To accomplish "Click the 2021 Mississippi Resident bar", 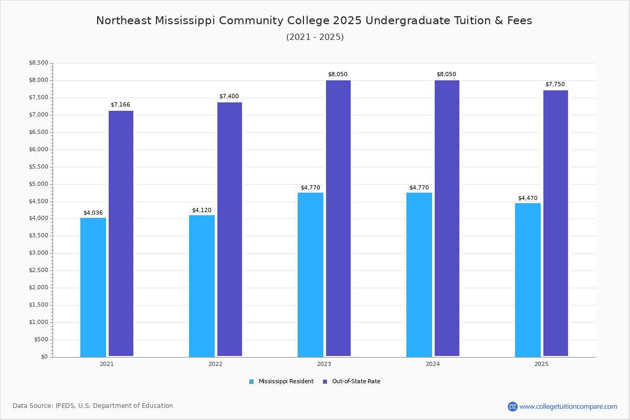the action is coord(93,287).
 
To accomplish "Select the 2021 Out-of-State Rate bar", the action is coord(121,234).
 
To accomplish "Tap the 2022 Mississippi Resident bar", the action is coord(202,286).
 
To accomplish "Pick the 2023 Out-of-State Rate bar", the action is coord(338,218).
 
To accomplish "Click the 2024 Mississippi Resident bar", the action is coord(419,275).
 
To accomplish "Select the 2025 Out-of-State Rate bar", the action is coord(556,223).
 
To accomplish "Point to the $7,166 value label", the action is coord(120,104).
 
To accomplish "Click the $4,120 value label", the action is coord(202,210).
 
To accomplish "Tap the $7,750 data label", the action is coord(555,84).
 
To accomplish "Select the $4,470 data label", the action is coord(528,198).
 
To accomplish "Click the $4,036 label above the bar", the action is coord(93,213).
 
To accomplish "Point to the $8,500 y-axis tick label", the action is coord(38,62).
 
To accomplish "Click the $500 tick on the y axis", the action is coord(41,340).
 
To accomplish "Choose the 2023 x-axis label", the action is coord(324,364).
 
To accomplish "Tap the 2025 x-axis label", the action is coord(541,364).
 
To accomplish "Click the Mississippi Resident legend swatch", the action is coord(251,382).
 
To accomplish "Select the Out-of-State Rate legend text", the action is coord(356,382).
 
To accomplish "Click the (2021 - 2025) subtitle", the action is coord(315,37).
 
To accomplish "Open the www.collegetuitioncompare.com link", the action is coord(569,406).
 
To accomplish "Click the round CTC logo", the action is coord(512,406).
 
